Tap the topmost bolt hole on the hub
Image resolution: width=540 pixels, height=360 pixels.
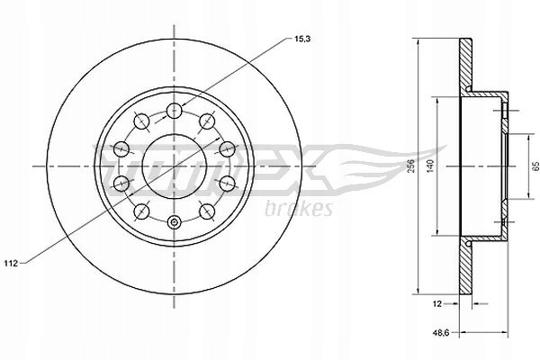pyautogui.click(x=173, y=112)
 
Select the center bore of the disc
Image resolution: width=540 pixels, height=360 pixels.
pyautogui.click(x=173, y=166)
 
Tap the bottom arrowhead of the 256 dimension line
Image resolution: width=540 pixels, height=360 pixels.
pyautogui.click(x=420, y=293)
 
